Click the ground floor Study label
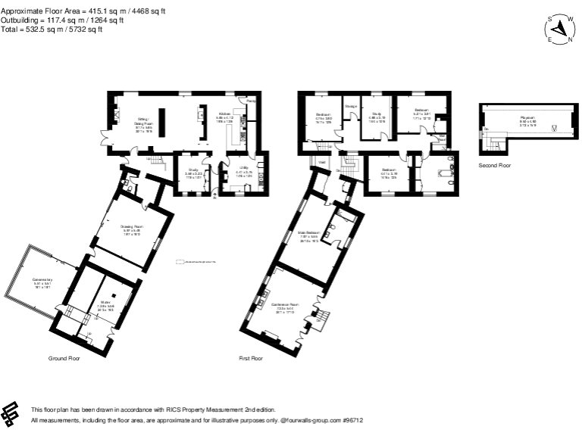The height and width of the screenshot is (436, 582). point(193,170)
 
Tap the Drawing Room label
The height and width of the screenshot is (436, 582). point(132,226)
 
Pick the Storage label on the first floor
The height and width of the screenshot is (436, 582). point(351,107)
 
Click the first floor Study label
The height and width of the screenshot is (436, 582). point(377,116)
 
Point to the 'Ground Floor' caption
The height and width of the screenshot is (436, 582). point(64,357)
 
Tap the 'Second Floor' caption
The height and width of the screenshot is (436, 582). point(494,164)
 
